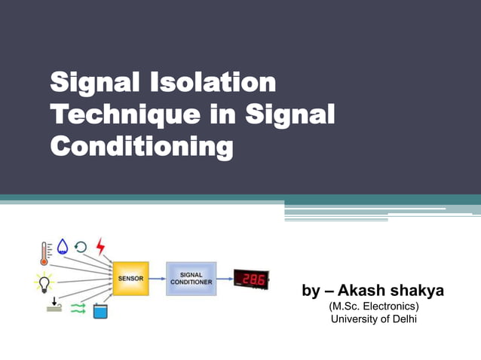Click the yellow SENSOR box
pos(130,279)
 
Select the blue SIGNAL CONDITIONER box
pos(191,279)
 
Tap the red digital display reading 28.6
pos(251,279)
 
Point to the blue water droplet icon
pos(63,247)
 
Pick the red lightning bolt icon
pos(100,246)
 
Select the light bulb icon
pos(45,284)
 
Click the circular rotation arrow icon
pos(81,247)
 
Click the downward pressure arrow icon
pos(54,307)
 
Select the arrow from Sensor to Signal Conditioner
pos(158,279)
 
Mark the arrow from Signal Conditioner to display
pos(224,279)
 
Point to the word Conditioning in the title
pos(141,146)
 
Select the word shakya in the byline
pos(420,291)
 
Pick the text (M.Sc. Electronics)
pos(374,307)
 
